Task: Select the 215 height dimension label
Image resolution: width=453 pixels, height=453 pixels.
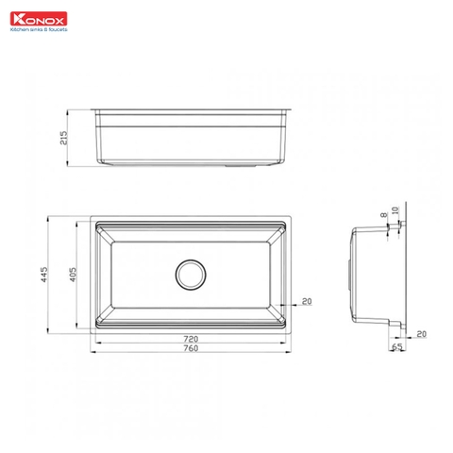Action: click(64, 137)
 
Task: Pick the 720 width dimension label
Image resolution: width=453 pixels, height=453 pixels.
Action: click(190, 338)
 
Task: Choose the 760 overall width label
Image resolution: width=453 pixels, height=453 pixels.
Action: click(190, 348)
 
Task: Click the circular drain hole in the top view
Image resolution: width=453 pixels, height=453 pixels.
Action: click(190, 274)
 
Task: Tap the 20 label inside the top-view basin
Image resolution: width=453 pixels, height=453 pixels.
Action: click(306, 302)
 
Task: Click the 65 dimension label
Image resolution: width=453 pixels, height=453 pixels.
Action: click(396, 347)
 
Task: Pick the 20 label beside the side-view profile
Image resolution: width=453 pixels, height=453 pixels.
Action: click(421, 333)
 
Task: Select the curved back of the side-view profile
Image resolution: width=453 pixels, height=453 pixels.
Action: click(352, 274)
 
